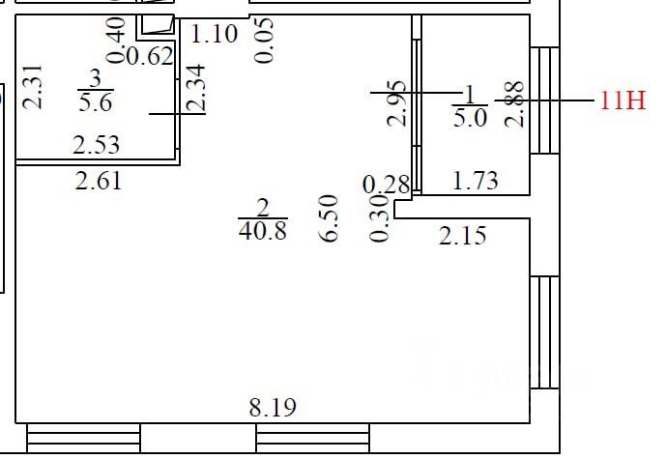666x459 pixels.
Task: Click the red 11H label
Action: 623,101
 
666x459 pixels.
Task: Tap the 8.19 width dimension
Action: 273,408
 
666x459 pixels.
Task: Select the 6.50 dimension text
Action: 330,218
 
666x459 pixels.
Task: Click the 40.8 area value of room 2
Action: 263,231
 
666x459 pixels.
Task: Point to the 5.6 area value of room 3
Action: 96,102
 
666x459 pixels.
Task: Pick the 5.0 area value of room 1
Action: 470,118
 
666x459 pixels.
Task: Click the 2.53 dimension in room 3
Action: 96,145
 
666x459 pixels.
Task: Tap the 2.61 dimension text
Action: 99,181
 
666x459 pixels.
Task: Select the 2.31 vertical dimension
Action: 33,87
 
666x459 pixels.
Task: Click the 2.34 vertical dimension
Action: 196,88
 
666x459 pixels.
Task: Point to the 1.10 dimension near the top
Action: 214,35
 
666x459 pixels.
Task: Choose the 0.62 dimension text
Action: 150,56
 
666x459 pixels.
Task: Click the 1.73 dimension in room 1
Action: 476,181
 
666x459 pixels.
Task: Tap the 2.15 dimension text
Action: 463,236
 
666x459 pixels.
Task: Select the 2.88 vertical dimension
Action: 514,104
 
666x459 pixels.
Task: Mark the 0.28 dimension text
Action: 387,185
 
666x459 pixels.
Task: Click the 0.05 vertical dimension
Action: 264,41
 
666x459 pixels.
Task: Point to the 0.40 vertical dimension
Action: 117,41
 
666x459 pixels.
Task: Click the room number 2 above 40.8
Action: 263,208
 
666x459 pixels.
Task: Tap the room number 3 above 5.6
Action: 96,79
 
